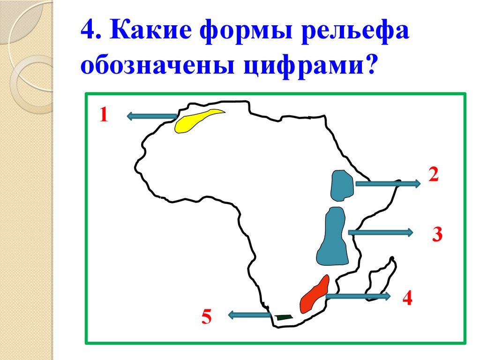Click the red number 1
pos(103,115)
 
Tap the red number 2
pos(433,174)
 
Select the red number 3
pos(437,234)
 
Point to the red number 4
pos(406,298)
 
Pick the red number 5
pos(207,318)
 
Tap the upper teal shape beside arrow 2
pos(342,186)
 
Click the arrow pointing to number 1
pos(151,116)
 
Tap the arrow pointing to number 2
pos(387,184)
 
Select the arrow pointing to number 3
pos(380,232)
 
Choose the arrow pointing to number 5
pos(249,315)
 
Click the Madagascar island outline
pos(381,281)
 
